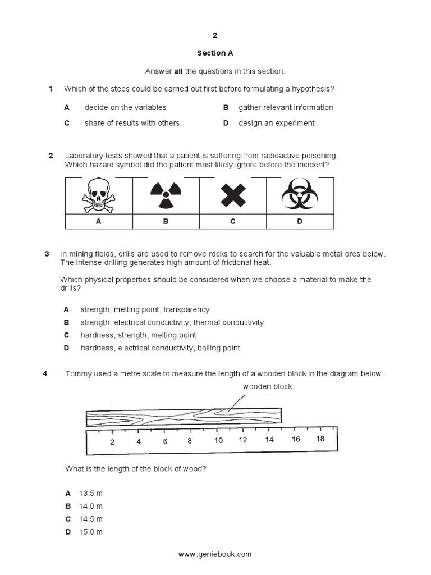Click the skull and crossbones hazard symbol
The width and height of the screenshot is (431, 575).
point(98,195)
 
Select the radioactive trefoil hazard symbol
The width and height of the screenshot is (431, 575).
point(166,195)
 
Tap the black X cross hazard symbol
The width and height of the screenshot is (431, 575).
point(232,195)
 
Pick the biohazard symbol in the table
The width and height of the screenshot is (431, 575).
point(299,195)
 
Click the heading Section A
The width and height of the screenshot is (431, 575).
point(215,53)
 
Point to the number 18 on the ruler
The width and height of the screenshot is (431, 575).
point(320,439)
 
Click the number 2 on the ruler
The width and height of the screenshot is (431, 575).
point(112,441)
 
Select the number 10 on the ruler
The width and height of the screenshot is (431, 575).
point(219,441)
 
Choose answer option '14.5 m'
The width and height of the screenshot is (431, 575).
point(91,519)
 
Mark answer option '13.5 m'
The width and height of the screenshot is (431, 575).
point(91,493)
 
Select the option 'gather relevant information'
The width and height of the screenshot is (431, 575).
point(286,107)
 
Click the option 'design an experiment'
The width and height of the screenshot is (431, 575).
point(277,123)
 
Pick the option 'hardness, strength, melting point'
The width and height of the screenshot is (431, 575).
point(138,335)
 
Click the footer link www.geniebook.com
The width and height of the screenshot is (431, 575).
point(215,554)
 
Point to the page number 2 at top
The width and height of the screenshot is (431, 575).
point(214,35)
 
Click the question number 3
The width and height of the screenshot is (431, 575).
point(47,254)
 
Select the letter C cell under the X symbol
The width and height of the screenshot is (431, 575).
point(232,221)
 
